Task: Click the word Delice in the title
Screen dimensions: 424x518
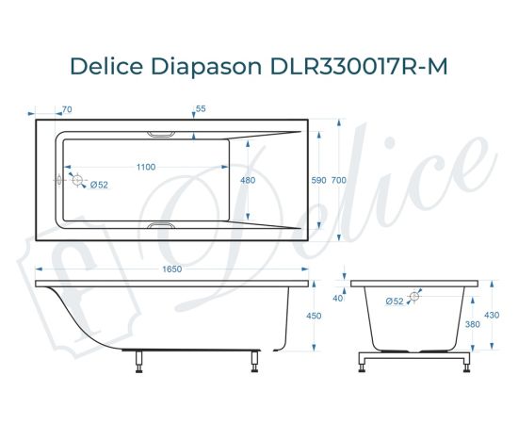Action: [105, 67]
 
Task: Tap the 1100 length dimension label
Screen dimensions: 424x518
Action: [145, 167]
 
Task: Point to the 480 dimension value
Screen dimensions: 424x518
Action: [248, 180]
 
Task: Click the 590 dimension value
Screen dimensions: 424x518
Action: [318, 180]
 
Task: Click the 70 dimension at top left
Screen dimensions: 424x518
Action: [67, 109]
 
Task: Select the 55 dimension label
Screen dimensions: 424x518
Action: [200, 109]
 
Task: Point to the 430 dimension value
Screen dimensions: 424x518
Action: [491, 317]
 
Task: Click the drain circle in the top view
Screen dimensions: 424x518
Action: [77, 179]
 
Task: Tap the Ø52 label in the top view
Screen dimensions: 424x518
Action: [99, 186]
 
